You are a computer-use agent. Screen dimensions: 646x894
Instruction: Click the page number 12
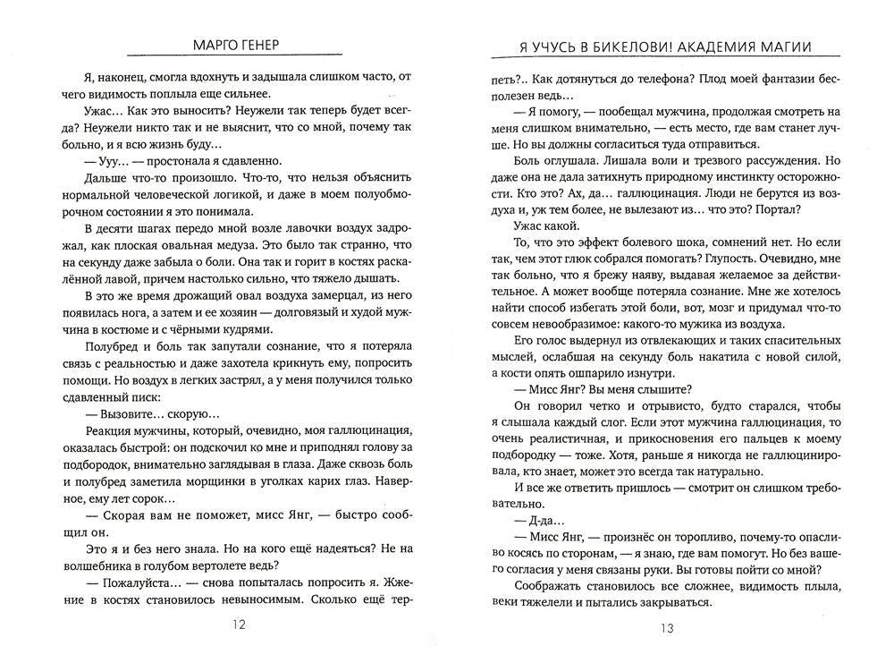237,625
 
